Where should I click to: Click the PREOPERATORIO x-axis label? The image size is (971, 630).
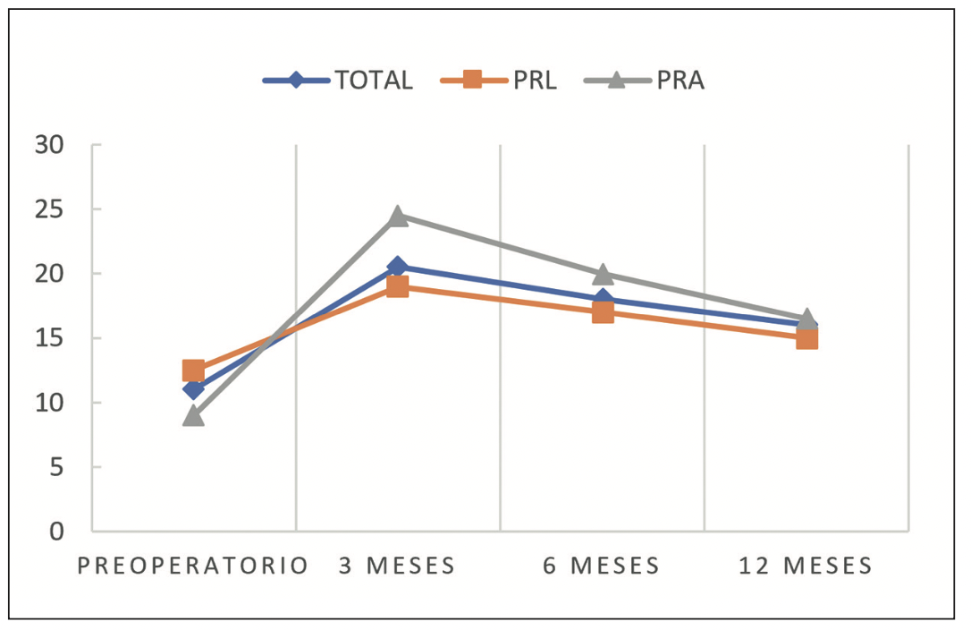pos(193,566)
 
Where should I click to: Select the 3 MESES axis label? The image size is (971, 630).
pos(397,566)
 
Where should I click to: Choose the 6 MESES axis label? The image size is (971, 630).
pos(602,566)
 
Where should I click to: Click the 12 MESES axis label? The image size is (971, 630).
pos(806,566)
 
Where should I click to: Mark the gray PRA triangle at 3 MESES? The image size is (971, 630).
pos(398,216)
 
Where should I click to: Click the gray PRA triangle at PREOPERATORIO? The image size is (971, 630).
pos(193,415)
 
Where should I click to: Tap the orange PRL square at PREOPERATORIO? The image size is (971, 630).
pos(193,370)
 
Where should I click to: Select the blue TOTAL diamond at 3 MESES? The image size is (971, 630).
pos(398,267)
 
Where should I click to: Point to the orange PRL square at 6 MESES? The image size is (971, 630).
pos(603,312)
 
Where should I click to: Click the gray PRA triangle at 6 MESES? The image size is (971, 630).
pos(603,273)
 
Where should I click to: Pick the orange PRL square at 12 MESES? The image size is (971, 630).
pos(806,338)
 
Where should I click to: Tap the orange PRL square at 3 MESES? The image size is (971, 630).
pos(398,286)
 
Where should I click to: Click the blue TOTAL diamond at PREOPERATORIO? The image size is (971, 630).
pos(193,389)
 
